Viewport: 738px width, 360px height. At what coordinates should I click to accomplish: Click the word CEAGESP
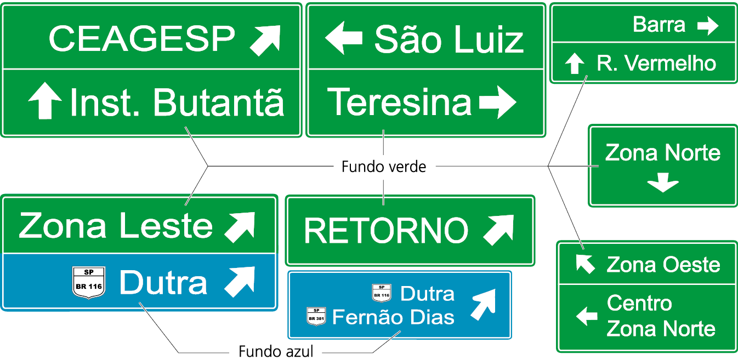coord(141,38)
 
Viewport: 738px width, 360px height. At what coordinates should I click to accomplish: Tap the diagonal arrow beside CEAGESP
coord(265,39)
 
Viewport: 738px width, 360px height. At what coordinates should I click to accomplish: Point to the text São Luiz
coord(449,40)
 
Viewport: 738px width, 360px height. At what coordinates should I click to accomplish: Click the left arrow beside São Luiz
coord(343,38)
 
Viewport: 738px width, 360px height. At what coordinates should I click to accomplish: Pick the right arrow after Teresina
coord(497,102)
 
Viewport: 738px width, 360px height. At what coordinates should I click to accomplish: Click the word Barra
coord(658,25)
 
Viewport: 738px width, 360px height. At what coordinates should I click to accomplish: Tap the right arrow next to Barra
coord(707,25)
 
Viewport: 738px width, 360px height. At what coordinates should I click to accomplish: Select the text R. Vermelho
coord(656,64)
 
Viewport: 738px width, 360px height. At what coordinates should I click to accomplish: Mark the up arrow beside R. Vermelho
coord(574,64)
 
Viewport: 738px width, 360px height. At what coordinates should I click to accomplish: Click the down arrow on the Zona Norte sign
coord(662,182)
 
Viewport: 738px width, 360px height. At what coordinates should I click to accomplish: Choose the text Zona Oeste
coord(663,265)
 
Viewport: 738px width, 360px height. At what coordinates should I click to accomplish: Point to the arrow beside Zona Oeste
coord(584,264)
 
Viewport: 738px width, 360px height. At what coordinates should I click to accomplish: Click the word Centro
coord(639,303)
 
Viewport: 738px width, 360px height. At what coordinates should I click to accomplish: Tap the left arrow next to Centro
coord(586,316)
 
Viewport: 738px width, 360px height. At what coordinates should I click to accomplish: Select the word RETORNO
coord(386,231)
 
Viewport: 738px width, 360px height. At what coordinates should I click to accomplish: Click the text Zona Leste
coord(116,225)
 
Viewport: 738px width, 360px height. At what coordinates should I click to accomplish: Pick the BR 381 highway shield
coord(316,316)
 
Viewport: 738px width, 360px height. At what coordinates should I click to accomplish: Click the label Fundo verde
coord(383,166)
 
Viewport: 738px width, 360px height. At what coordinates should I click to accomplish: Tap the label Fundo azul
coord(276,351)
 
